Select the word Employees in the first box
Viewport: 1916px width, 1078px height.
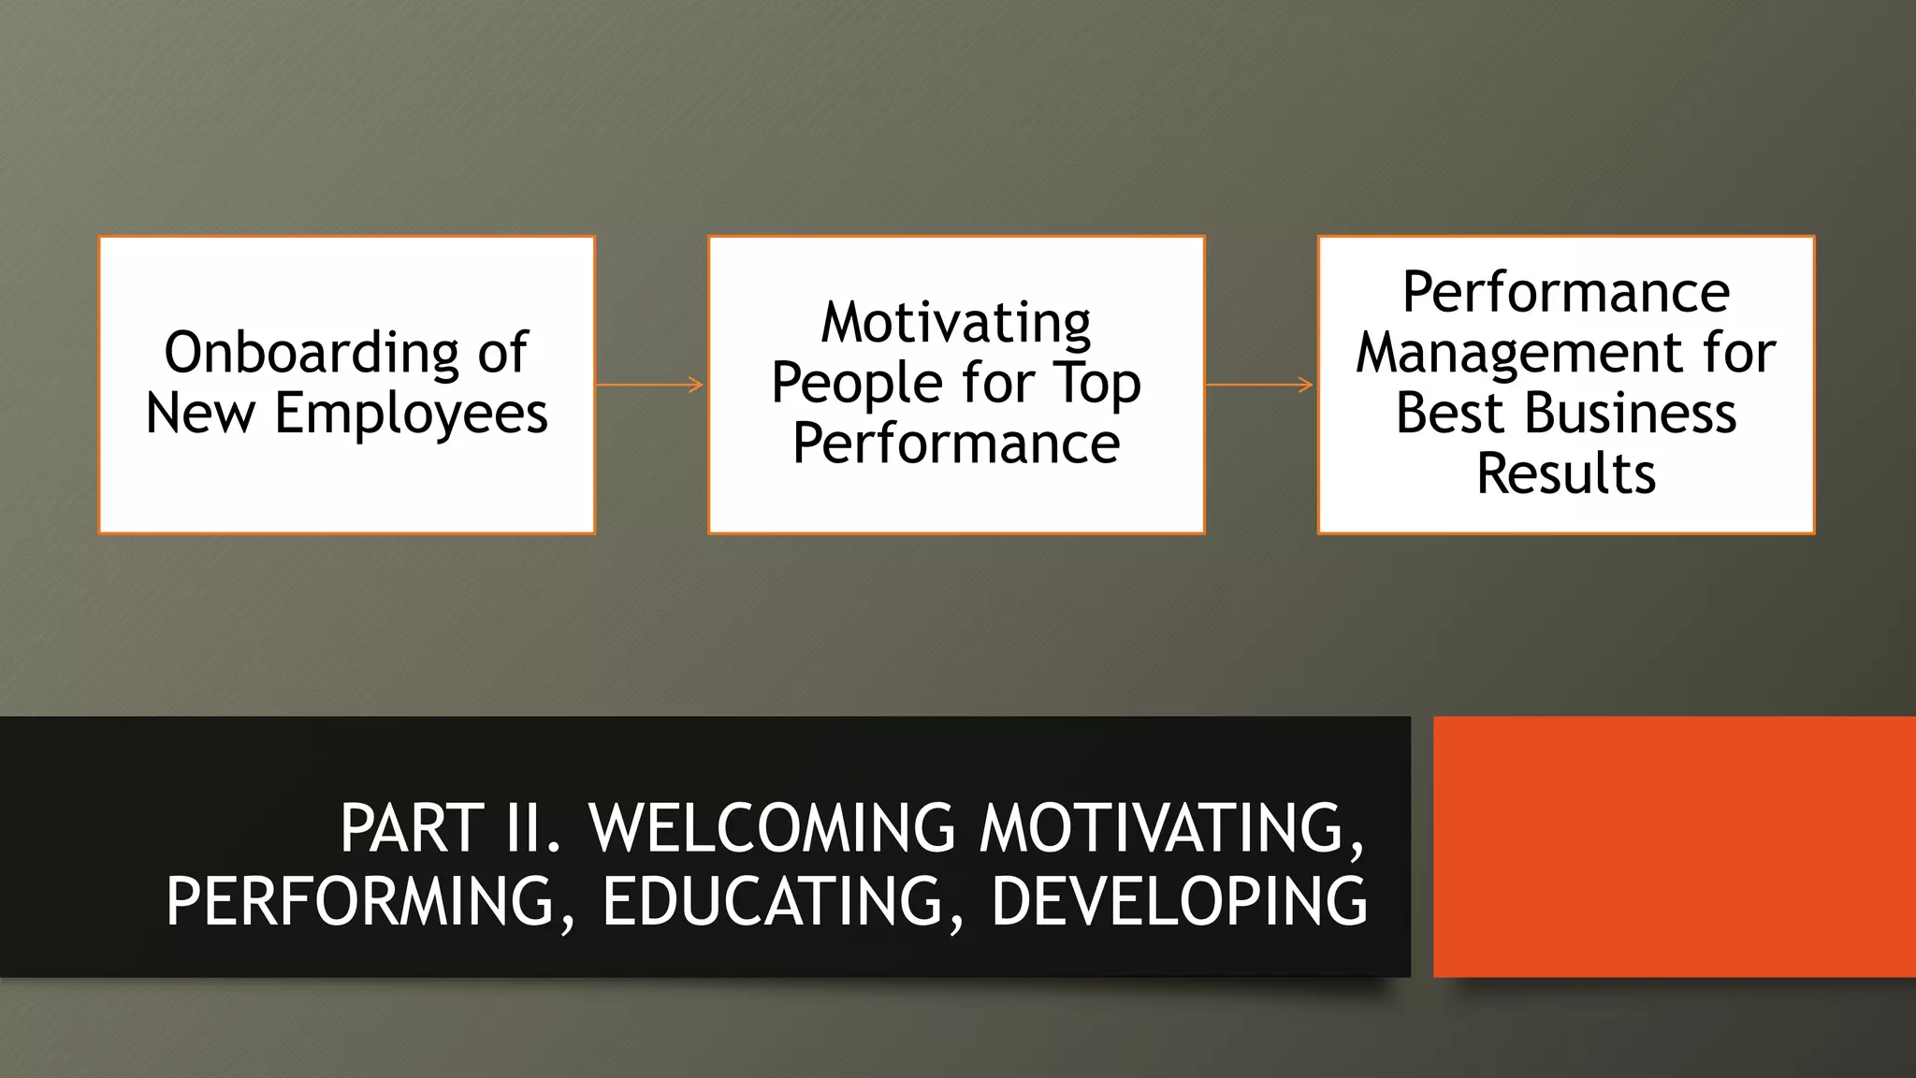[411, 414]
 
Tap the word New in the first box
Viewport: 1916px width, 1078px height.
[200, 414]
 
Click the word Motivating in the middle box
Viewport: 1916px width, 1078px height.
[956, 324]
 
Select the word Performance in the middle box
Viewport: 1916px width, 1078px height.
[956, 444]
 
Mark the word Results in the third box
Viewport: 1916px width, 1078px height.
[1566, 473]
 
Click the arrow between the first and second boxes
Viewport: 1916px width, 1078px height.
[650, 385]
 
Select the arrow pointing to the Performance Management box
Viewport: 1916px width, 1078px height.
[1260, 385]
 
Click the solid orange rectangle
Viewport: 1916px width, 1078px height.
[1674, 847]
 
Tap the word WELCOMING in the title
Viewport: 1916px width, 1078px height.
[772, 828]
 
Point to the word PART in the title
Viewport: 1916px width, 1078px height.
[412, 828]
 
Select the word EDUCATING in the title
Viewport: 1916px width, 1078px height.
[773, 901]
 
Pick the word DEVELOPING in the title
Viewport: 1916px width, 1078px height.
[1179, 901]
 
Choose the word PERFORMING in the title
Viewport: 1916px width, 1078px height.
[360, 901]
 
